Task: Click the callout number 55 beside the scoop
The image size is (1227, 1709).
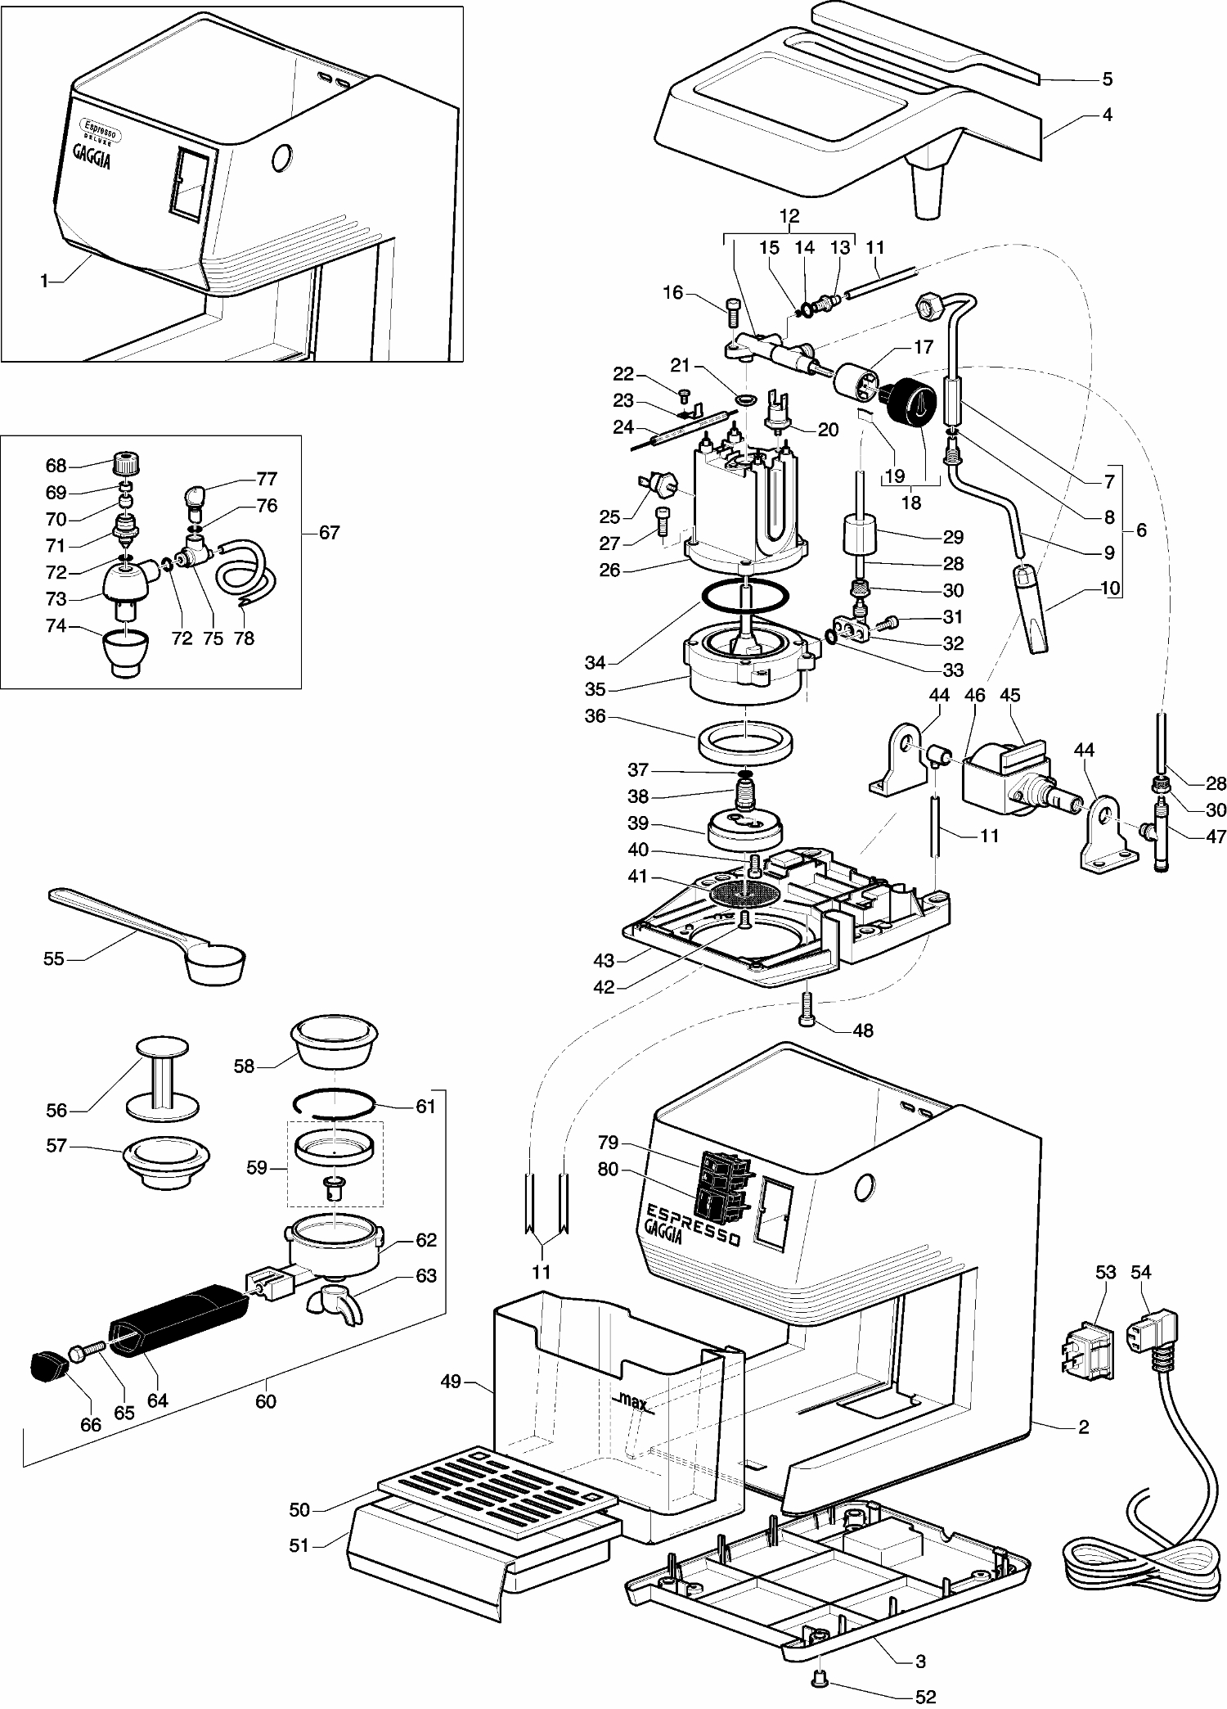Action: pos(53,958)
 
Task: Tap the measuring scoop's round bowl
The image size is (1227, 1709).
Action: pos(215,963)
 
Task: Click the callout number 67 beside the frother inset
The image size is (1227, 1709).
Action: pos(328,533)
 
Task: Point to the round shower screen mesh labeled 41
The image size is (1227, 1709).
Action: pos(744,892)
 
